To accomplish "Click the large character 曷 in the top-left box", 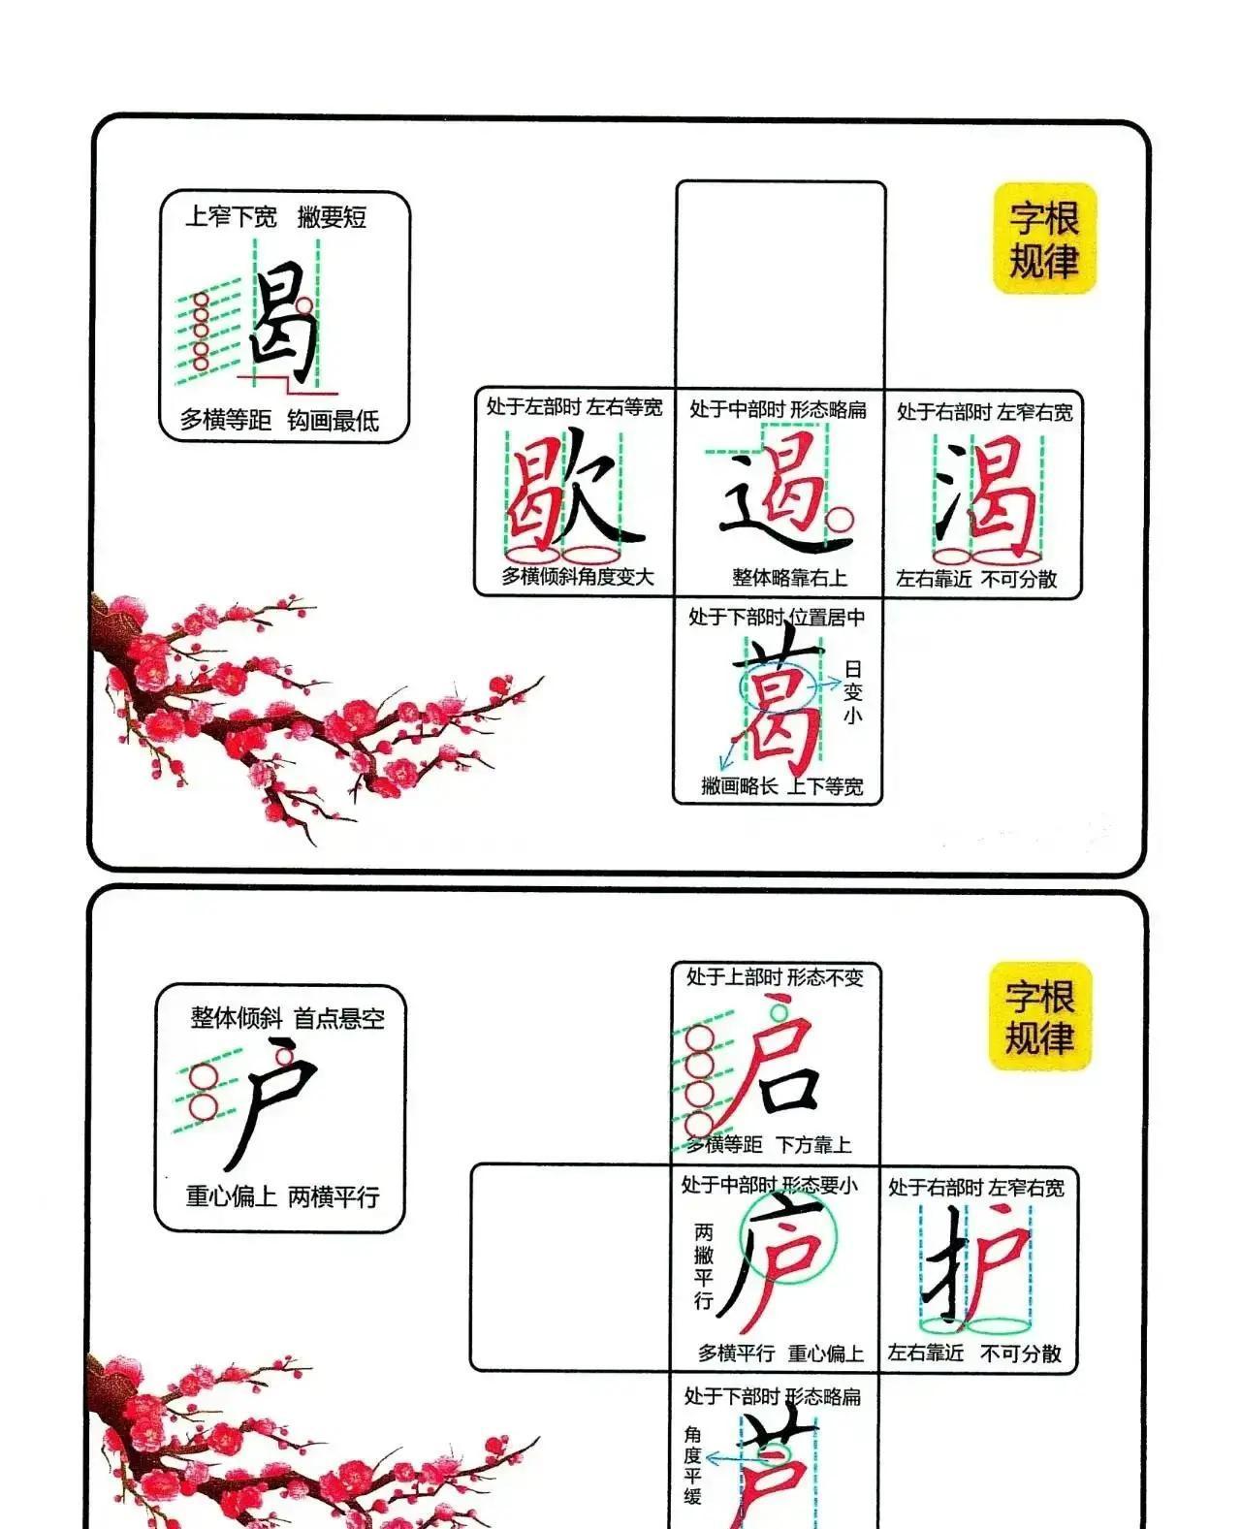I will [284, 325].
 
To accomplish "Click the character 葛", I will [780, 703].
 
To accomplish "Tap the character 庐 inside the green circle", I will [780, 1256].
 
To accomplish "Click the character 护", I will [979, 1265].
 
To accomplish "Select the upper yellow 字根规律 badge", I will [1044, 239].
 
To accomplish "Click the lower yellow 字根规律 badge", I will [1039, 1016].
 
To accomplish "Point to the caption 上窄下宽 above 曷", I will [231, 217].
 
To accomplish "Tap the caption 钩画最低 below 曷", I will [333, 421].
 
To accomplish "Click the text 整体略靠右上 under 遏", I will [789, 578].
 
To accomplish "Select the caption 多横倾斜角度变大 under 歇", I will [578, 577].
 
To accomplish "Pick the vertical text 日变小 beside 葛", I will [852, 692].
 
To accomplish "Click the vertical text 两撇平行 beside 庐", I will [704, 1266].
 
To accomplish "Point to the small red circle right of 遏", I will [840, 518].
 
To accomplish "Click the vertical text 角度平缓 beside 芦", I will [692, 1464].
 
